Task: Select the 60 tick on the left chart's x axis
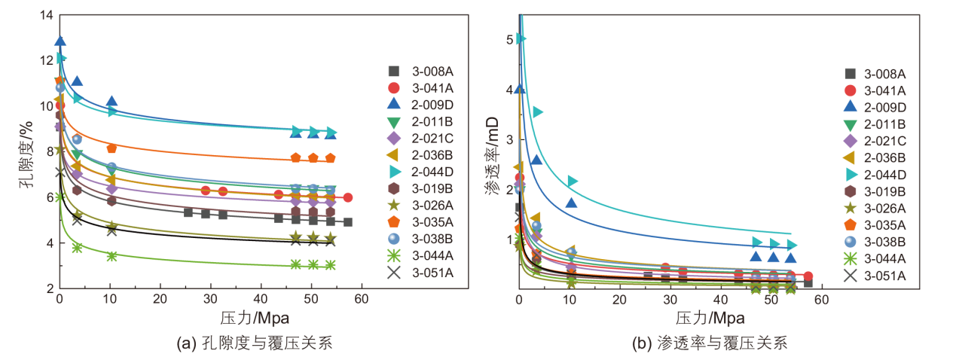coord(362,301)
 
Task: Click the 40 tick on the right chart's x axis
coord(721,301)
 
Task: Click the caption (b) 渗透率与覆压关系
coord(712,344)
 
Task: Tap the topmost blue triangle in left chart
coord(60,41)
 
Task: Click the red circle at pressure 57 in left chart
coord(347,197)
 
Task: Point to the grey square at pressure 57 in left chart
coord(347,222)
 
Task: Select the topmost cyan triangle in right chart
coord(521,38)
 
